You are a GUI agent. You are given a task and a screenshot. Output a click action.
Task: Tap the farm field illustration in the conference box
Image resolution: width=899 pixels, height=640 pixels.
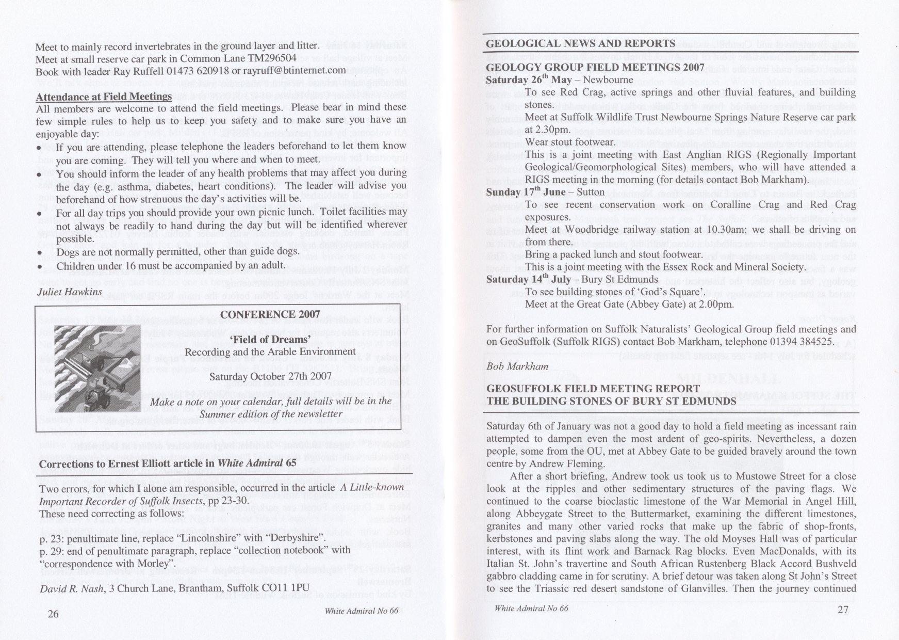[97, 368]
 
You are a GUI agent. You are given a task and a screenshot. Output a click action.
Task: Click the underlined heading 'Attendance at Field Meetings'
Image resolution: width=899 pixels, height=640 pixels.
[104, 97]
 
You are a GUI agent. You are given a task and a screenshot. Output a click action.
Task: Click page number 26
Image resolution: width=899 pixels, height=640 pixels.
[53, 614]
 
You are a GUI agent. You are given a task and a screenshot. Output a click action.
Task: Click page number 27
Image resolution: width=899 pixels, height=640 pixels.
[842, 610]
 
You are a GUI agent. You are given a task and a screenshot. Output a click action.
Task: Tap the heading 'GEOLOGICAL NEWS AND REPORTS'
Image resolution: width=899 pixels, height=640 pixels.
[580, 43]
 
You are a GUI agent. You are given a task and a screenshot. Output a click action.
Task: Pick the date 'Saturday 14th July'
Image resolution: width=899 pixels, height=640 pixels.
[530, 279]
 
